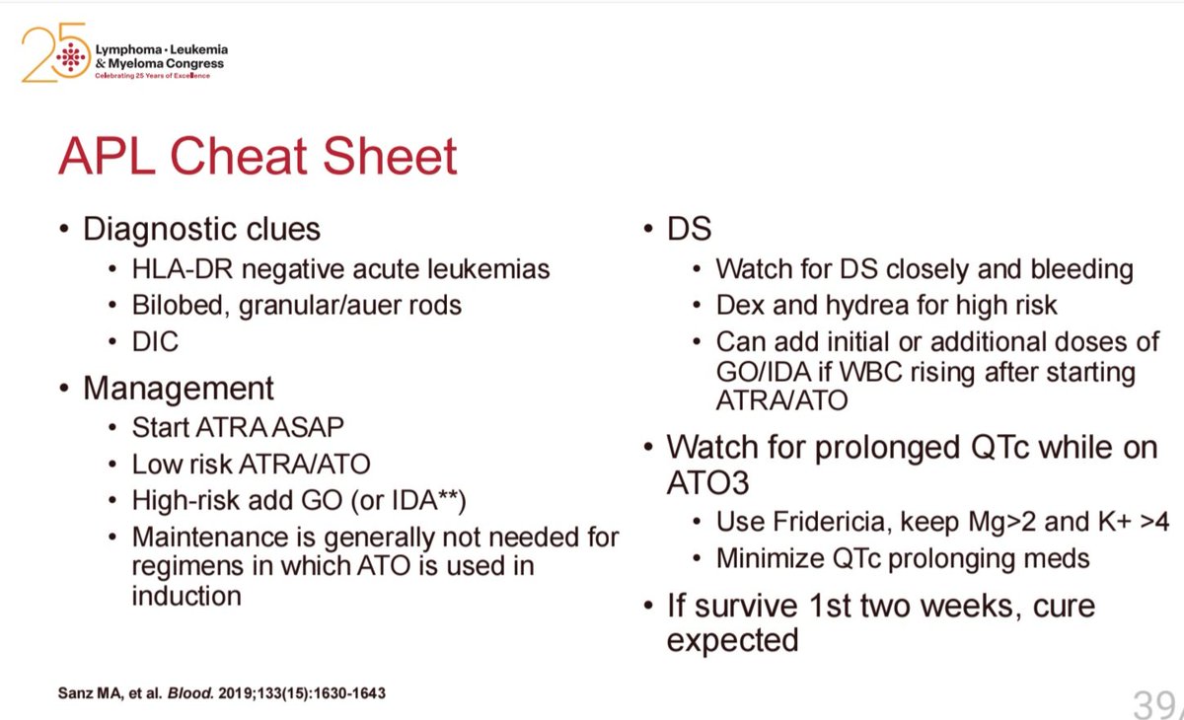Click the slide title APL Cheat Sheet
[x=258, y=156]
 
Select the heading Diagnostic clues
[x=201, y=230]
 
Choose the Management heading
[x=179, y=388]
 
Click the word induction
[x=186, y=596]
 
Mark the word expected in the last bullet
[x=732, y=640]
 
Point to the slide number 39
[x=1152, y=704]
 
